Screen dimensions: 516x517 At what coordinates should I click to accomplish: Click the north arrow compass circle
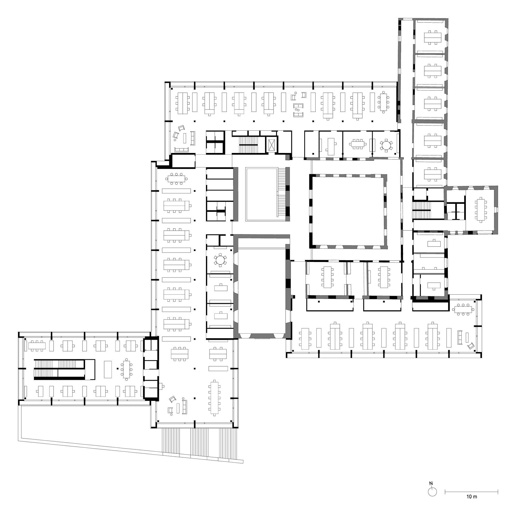[x=432, y=491]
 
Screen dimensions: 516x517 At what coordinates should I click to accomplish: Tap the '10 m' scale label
[x=472, y=497]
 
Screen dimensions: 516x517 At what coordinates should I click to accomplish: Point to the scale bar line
[x=471, y=491]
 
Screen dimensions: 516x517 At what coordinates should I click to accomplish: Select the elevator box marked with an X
[x=272, y=145]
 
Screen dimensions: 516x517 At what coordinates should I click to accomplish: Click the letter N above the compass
[x=431, y=483]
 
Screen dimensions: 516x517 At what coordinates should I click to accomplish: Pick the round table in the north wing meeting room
[x=386, y=145]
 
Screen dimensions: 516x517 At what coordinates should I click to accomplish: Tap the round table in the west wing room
[x=220, y=260]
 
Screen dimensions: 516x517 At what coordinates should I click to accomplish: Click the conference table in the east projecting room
[x=481, y=210]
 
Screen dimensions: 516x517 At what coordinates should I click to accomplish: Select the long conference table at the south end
[x=214, y=398]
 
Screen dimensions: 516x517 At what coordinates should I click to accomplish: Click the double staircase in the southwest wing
[x=59, y=369]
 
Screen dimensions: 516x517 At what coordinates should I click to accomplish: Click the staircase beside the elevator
[x=248, y=145]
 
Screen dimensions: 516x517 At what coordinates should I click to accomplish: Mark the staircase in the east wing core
[x=421, y=210]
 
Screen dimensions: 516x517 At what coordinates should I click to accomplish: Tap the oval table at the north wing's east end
[x=384, y=102]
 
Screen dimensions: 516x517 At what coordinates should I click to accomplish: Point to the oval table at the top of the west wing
[x=176, y=179]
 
